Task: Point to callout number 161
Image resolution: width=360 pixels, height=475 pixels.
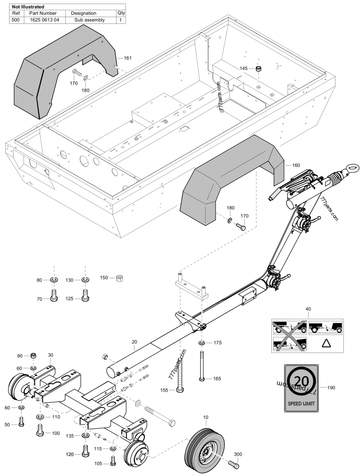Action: pos(127,58)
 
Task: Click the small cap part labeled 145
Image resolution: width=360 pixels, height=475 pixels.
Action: pos(259,69)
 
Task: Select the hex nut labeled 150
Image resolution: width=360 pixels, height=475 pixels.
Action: pos(120,279)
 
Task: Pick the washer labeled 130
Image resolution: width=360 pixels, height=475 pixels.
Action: pos(84,280)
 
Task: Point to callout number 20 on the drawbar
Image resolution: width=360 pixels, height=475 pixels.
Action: pos(134,342)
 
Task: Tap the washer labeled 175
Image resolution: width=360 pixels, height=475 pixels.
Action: pos(202,343)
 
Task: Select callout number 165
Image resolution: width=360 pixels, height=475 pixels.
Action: pos(216,379)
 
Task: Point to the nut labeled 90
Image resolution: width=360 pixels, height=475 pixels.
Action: pos(34,356)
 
